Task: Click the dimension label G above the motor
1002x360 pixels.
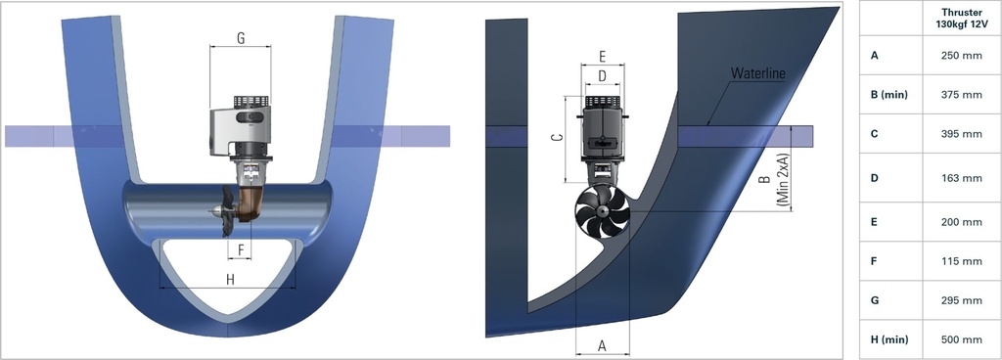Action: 241,39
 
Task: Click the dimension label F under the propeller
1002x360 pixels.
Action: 241,248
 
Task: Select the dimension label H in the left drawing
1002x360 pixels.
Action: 230,280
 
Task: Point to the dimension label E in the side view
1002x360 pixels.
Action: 602,56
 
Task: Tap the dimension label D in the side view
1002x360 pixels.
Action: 602,75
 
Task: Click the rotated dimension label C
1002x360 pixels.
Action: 555,139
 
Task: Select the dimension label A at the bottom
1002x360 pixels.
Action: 602,344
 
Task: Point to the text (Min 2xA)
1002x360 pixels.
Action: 784,181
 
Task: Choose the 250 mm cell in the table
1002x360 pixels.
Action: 958,56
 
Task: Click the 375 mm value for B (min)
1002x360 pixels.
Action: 958,95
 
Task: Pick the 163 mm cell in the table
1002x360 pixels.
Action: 958,178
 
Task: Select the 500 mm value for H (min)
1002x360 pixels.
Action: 958,339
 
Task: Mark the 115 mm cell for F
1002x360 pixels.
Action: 958,261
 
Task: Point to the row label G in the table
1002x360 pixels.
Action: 875,300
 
